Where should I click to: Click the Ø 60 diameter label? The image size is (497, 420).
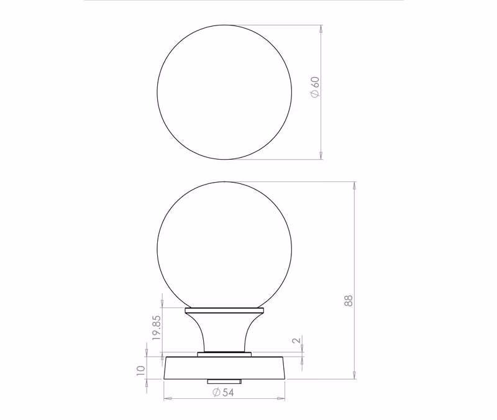(x=316, y=87)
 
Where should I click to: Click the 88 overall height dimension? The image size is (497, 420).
(x=348, y=301)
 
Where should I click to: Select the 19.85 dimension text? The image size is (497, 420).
(x=157, y=329)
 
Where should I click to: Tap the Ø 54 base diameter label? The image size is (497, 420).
(x=224, y=393)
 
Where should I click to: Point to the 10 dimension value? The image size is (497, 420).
(x=140, y=370)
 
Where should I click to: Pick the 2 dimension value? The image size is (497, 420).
(x=296, y=340)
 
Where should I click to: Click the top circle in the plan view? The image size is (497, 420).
(x=224, y=25)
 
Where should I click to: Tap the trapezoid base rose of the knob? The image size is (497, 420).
(x=224, y=368)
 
